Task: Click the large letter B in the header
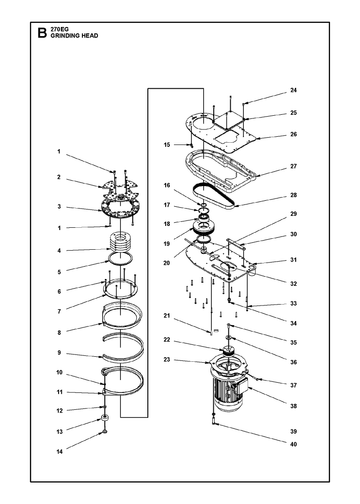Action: pos(42,33)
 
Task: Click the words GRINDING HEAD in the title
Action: pos(74,36)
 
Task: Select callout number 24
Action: pos(293,90)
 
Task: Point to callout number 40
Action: pos(293,444)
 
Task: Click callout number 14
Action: pos(59,452)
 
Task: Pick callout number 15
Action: pos(167,145)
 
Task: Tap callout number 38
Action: pos(293,406)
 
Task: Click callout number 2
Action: pos(59,177)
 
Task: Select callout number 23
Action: pos(167,360)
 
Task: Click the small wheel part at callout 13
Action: pos(105,418)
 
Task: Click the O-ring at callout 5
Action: pos(120,259)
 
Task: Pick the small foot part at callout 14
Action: pos(105,432)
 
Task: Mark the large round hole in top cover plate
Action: pos(203,123)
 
